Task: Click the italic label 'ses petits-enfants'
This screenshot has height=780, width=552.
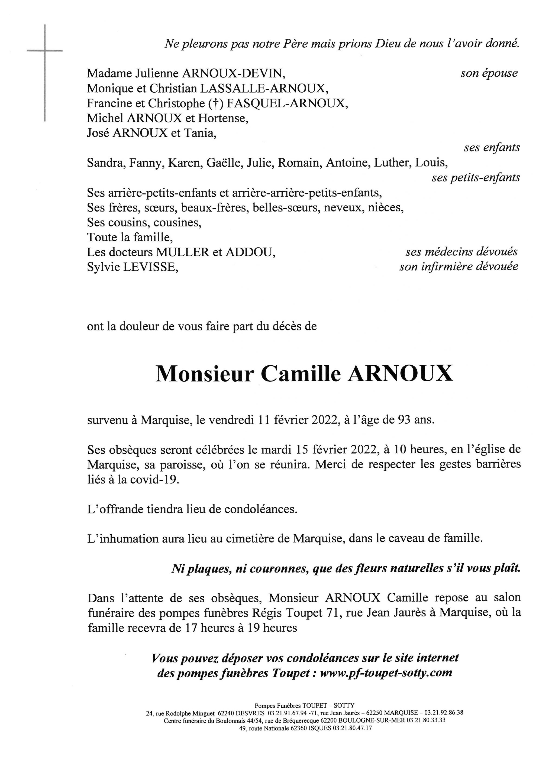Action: (476, 177)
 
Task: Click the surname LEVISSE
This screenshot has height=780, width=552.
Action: (150, 267)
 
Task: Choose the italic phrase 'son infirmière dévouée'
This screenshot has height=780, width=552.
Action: (459, 267)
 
